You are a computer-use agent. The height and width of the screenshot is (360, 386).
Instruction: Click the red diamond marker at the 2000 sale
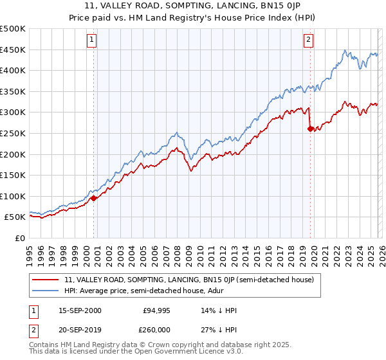[94, 198]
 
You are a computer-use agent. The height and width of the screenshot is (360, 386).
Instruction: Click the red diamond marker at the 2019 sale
[311, 129]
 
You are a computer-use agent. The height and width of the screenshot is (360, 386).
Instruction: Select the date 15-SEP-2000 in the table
[80, 310]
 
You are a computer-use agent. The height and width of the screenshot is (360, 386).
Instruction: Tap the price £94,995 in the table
[155, 310]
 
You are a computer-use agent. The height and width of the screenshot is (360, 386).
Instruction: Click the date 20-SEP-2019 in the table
[80, 328]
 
